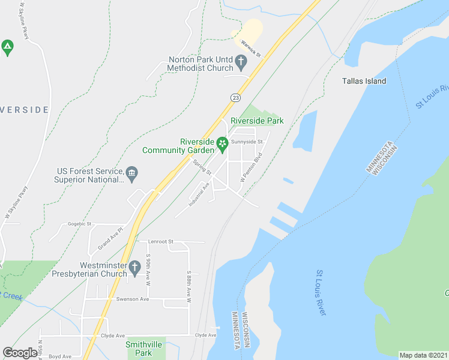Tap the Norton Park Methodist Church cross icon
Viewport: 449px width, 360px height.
point(241,61)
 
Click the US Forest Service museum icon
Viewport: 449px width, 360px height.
point(132,175)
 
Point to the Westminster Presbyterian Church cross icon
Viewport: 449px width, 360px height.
point(133,272)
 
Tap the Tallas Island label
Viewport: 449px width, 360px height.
point(364,81)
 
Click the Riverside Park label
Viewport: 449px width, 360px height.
point(261,121)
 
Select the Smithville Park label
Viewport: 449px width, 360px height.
point(139,349)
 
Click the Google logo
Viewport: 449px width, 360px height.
point(20,353)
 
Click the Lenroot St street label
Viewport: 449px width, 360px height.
point(161,241)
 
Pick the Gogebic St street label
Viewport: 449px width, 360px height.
point(79,224)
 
